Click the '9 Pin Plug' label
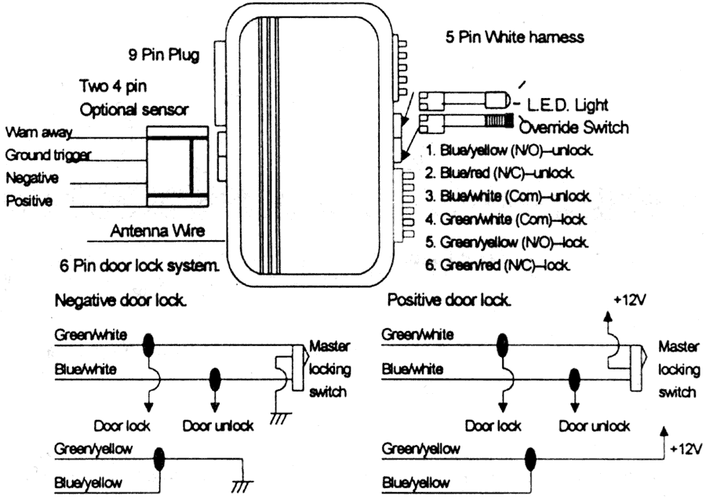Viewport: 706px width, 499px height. point(164,55)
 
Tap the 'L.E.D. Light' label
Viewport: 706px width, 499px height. point(569,104)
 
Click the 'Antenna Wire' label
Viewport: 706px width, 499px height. point(158,231)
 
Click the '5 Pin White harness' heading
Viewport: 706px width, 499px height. point(515,36)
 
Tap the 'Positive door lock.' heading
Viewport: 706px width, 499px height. point(449,300)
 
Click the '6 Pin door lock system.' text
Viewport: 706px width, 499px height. point(138,265)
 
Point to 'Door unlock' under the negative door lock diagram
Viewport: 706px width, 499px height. point(217,425)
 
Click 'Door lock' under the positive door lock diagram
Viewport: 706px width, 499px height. point(493,425)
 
